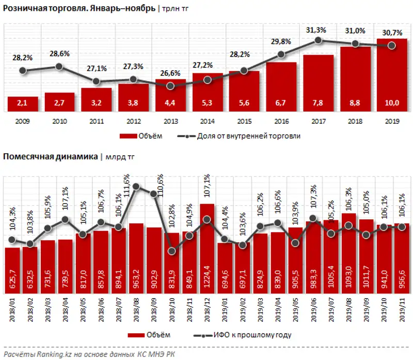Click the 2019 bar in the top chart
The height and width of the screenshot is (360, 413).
click(x=392, y=77)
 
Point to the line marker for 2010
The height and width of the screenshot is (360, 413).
click(x=59, y=66)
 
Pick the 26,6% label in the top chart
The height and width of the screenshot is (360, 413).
click(x=170, y=73)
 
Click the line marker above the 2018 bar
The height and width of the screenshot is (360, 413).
click(x=355, y=44)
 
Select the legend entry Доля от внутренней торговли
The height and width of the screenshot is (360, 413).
click(x=243, y=136)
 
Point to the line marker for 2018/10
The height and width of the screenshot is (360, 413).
click(x=172, y=251)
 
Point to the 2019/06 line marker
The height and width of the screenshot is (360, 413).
click(x=313, y=218)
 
